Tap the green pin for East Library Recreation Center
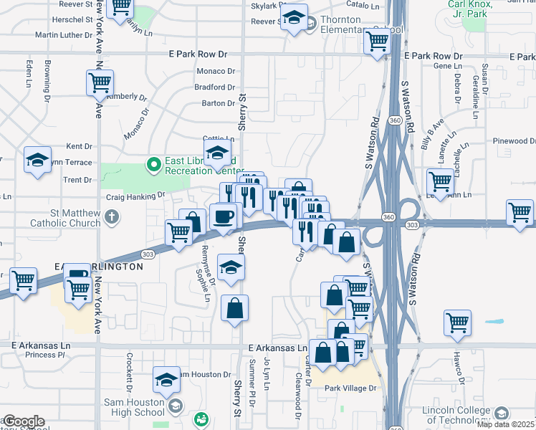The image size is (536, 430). coord(153,166)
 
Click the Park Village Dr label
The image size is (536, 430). coord(350,388)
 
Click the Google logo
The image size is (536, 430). coord(24,421)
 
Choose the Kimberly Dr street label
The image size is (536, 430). coord(126,97)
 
